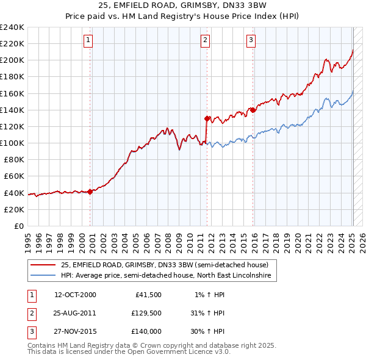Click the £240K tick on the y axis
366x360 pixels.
pyautogui.click(x=12, y=27)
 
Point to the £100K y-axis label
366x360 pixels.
pyautogui.click(x=12, y=143)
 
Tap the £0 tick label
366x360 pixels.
pyautogui.click(x=18, y=226)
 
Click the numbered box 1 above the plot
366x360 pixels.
pyautogui.click(x=88, y=40)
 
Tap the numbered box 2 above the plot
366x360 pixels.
pyautogui.click(x=205, y=40)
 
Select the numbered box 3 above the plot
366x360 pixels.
pyautogui.click(x=251, y=40)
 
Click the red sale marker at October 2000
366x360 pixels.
pyautogui.click(x=90, y=191)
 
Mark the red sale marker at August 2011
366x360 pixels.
pyautogui.click(x=207, y=118)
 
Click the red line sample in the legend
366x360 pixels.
pyautogui.click(x=44, y=265)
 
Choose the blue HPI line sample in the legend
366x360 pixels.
pyautogui.click(x=44, y=276)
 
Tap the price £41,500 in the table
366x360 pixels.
pyautogui.click(x=146, y=295)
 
